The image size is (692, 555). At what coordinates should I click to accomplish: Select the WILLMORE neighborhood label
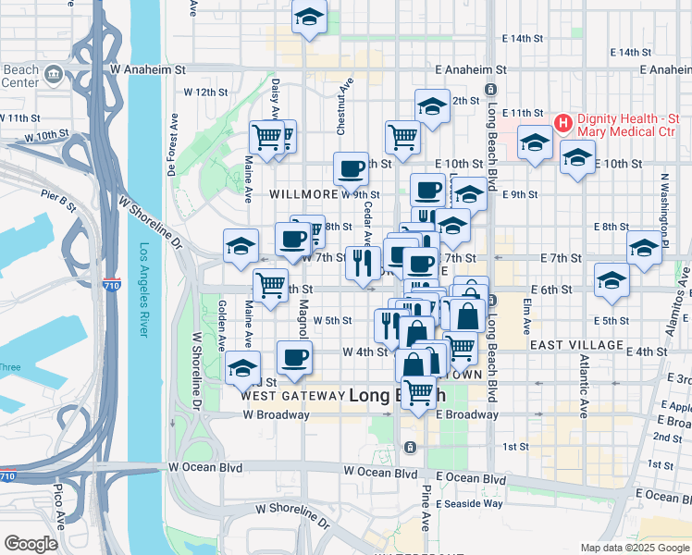tap(303, 195)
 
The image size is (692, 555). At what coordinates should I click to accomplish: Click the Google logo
tap(31, 544)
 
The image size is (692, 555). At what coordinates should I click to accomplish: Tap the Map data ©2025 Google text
tap(633, 548)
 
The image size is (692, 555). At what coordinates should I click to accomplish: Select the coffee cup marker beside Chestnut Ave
tap(351, 169)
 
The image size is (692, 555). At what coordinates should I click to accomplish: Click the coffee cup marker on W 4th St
tap(295, 357)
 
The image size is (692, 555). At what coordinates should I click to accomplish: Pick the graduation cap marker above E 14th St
tap(309, 16)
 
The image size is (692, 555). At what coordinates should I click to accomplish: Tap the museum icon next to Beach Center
tap(52, 73)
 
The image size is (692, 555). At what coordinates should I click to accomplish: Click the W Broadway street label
tap(277, 415)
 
